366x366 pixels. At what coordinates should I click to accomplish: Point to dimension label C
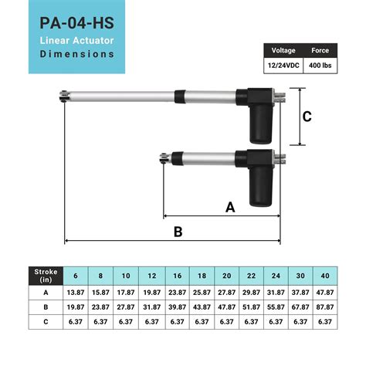point(307,117)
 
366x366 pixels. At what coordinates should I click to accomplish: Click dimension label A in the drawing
point(229,207)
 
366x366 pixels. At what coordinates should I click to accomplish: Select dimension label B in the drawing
point(177,231)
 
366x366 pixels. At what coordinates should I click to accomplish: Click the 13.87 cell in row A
point(75,293)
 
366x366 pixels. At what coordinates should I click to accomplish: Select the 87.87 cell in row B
point(325,307)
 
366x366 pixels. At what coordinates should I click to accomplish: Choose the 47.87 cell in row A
point(325,293)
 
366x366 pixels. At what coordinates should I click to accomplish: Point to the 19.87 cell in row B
point(75,307)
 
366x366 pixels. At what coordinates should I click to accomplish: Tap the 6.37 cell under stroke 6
point(75,320)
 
